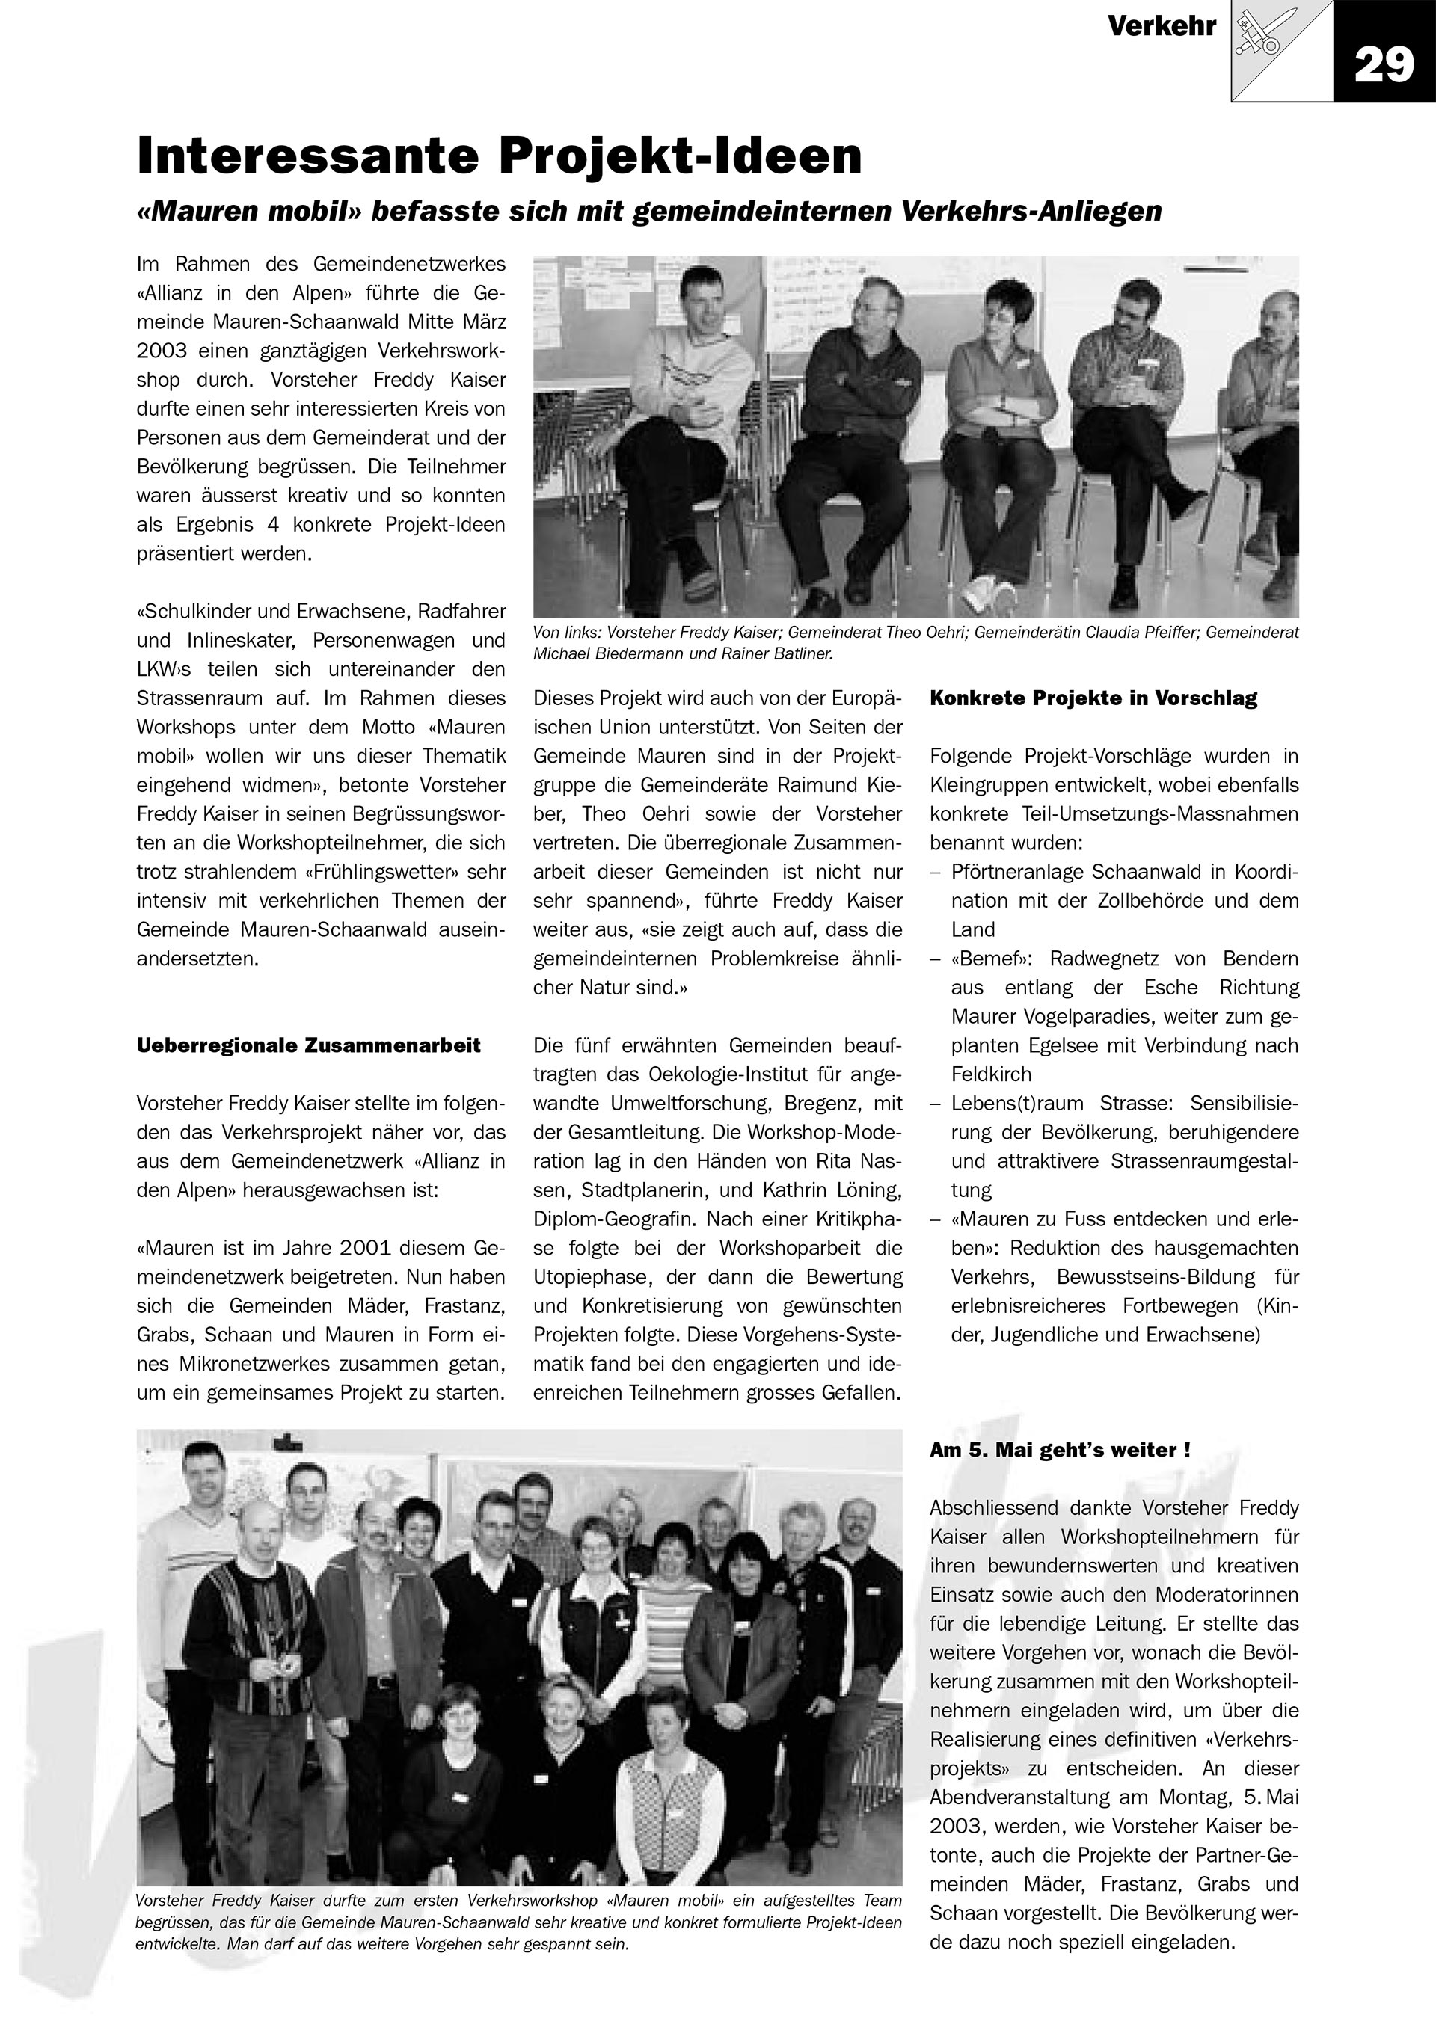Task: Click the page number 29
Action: (x=1384, y=64)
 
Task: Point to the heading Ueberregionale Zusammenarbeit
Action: (x=309, y=1046)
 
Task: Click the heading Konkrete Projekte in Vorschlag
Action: (x=1093, y=698)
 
